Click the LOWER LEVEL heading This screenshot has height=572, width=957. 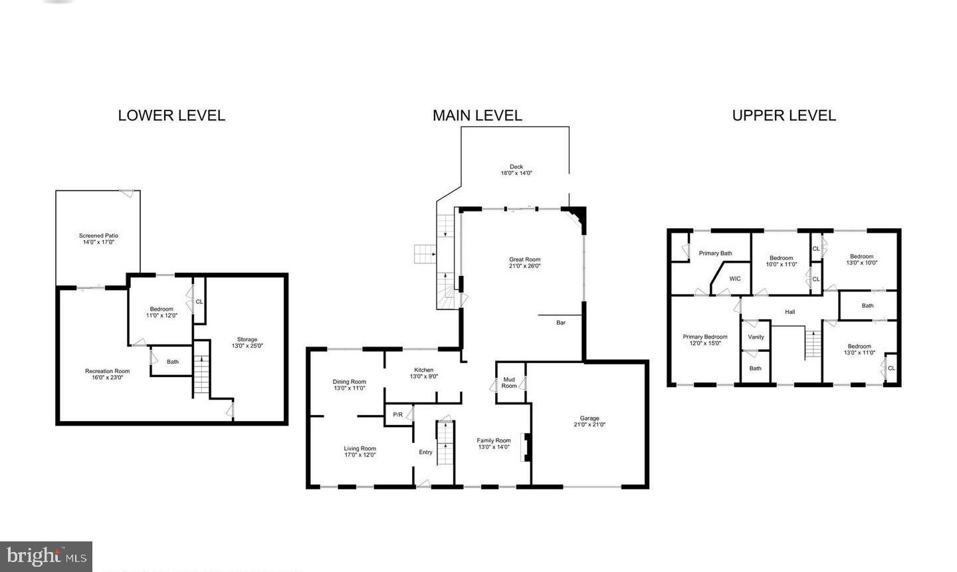pos(171,115)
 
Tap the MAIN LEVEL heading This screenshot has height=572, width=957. pos(477,115)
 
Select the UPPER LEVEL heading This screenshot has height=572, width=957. pos(784,115)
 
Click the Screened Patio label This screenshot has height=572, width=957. pos(98,239)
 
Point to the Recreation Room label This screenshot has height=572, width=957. pos(107,374)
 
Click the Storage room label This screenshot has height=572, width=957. pos(247,343)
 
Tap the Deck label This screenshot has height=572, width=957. pos(516,170)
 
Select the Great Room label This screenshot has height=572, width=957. pos(524,263)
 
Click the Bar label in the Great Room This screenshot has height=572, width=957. pos(561,323)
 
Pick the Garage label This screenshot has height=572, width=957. pos(589,421)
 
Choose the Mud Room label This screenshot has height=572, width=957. pos(509,382)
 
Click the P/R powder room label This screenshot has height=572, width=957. pos(397,415)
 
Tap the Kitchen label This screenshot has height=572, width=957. pos(423,373)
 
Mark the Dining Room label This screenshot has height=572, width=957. pos(349,384)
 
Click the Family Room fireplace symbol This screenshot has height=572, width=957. pos(526,447)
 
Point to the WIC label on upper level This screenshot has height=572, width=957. pos(734,279)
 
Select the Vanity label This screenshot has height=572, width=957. pos(756,337)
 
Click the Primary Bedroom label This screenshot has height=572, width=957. pos(705,340)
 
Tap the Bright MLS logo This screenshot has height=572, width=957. pos(46,556)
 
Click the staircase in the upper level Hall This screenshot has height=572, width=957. pos(812,343)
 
